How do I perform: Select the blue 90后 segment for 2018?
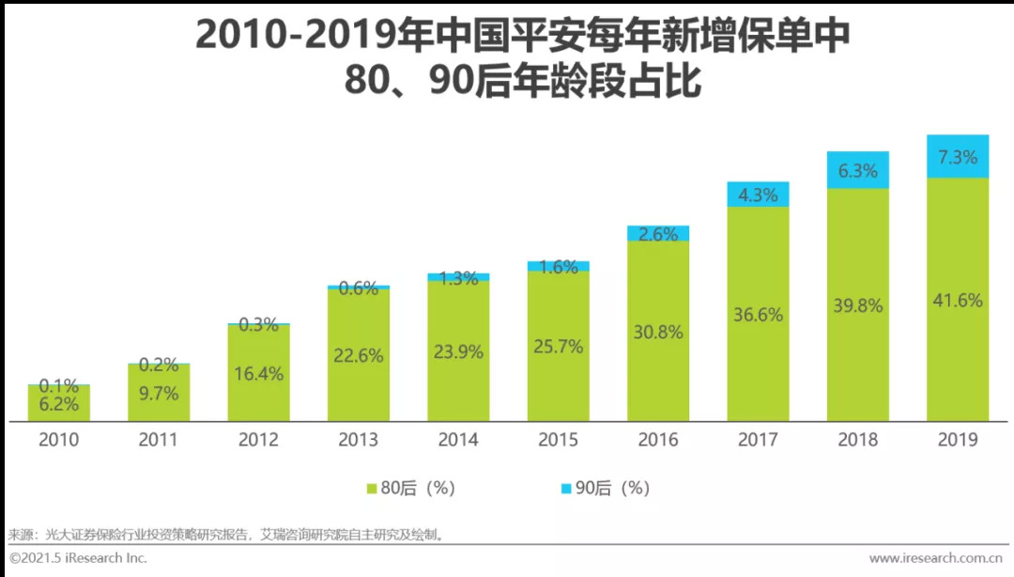click(x=857, y=170)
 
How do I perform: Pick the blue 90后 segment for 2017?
click(x=758, y=195)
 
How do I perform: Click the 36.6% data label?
click(x=758, y=315)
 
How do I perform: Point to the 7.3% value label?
click(x=958, y=157)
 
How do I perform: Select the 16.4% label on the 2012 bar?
click(x=258, y=374)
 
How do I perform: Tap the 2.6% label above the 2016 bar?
click(x=658, y=234)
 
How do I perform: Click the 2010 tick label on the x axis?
click(x=59, y=440)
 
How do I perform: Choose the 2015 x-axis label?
click(x=558, y=440)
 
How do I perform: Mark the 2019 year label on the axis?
click(x=958, y=440)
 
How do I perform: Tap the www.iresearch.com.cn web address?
click(x=935, y=558)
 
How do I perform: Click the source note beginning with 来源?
click(x=225, y=535)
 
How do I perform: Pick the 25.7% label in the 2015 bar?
click(x=558, y=347)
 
